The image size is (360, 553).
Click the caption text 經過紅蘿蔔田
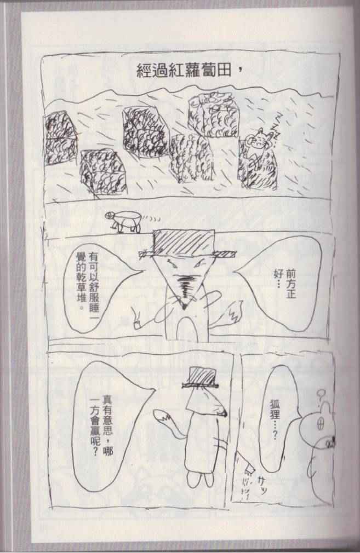[x=184, y=71]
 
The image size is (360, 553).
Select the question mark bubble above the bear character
[x=321, y=394]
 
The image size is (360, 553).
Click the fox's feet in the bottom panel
[x=200, y=479]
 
